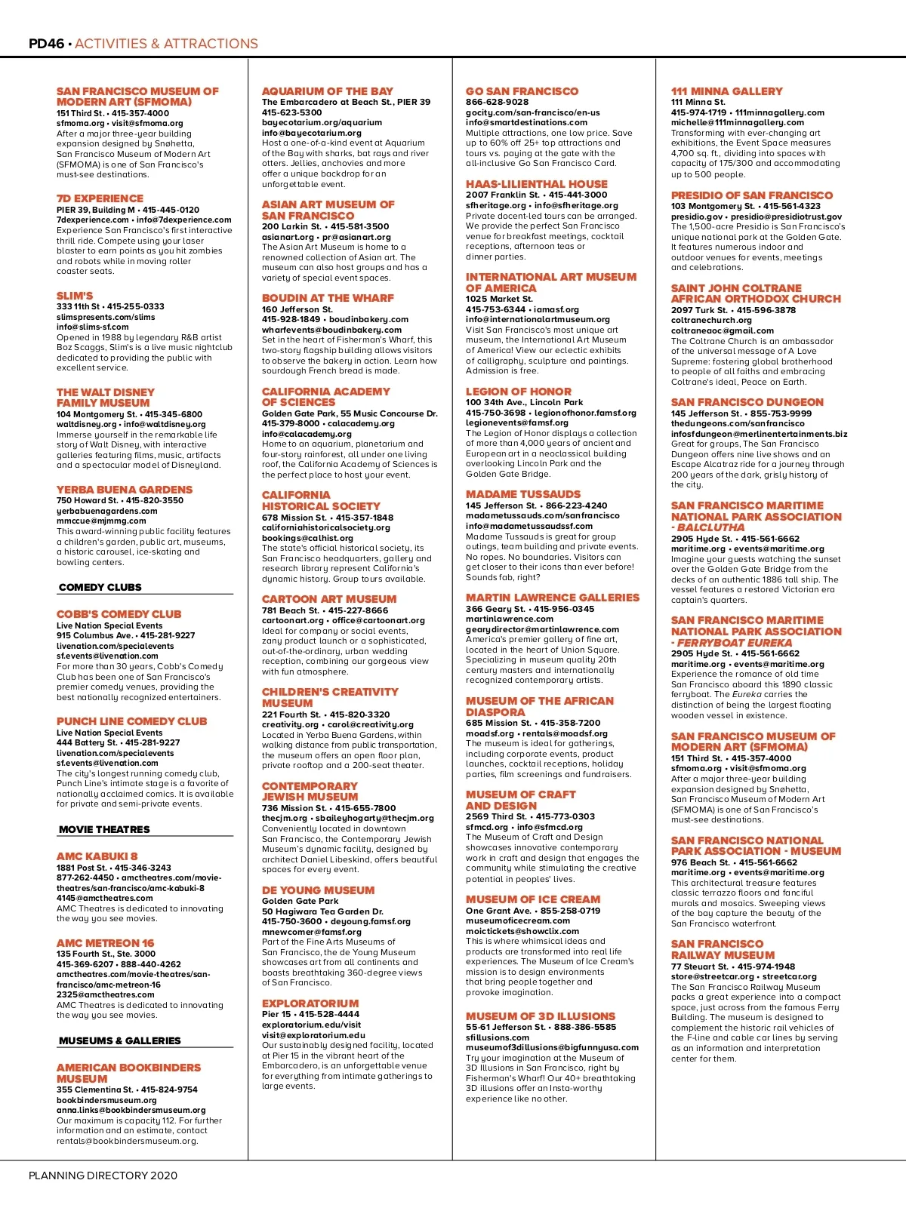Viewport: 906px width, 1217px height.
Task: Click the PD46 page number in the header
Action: (x=46, y=44)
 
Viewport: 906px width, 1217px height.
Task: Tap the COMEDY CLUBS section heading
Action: (x=100, y=587)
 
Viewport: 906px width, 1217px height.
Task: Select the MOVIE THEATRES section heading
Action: (x=104, y=829)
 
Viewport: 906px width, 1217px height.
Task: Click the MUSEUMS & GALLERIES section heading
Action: (x=119, y=1040)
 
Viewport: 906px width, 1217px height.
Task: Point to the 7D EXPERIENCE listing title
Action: (x=100, y=198)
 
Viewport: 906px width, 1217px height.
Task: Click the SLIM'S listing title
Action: (x=75, y=296)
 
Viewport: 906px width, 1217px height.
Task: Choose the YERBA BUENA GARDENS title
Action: (x=125, y=490)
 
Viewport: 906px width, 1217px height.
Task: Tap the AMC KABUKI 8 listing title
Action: (x=97, y=856)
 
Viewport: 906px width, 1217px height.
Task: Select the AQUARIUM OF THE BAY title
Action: (x=327, y=91)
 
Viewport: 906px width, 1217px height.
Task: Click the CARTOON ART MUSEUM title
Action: (x=328, y=599)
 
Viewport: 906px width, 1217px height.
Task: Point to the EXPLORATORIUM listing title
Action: (x=310, y=1003)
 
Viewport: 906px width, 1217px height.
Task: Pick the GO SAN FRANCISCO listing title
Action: (x=522, y=91)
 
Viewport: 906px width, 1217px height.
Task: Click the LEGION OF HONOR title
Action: (x=518, y=392)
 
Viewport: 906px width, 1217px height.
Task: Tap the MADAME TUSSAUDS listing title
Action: (x=523, y=494)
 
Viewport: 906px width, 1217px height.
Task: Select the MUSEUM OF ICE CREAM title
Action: (x=533, y=899)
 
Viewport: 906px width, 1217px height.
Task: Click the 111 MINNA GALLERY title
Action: (x=726, y=91)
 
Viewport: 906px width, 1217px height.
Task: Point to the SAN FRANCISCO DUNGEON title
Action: (x=747, y=402)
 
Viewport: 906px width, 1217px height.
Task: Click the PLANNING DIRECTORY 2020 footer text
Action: (x=103, y=1176)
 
